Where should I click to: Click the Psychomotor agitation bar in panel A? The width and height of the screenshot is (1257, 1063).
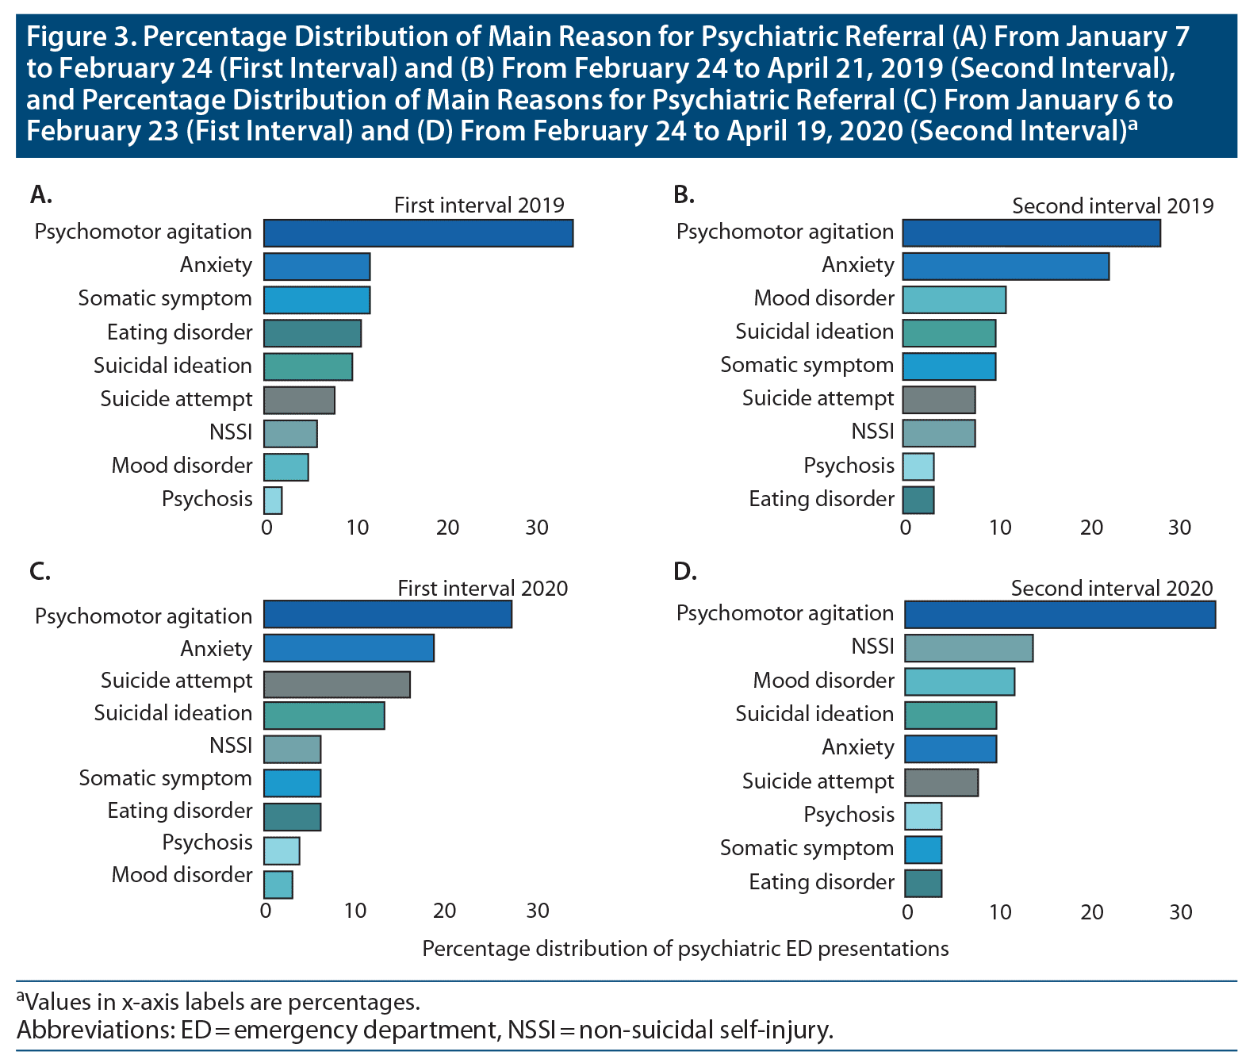(x=418, y=233)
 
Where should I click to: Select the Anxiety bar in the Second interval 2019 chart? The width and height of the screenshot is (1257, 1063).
(x=1006, y=267)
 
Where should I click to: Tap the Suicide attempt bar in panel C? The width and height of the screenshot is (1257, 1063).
(x=336, y=684)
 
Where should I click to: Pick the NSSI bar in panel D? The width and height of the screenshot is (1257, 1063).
(x=968, y=648)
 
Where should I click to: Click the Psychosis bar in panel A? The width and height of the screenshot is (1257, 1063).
(x=273, y=501)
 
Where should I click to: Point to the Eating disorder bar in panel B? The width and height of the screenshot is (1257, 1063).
(x=918, y=501)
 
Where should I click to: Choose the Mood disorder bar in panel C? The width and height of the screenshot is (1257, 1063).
(x=278, y=885)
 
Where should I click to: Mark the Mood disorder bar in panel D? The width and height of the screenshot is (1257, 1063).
(x=960, y=681)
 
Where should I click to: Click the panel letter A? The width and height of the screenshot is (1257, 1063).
(x=40, y=194)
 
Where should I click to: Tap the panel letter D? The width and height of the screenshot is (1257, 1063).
(x=684, y=571)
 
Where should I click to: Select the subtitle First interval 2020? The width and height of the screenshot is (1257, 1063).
(x=482, y=588)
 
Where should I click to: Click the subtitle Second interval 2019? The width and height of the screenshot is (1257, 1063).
(x=1113, y=206)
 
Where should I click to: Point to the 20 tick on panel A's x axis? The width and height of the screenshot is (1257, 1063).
(x=447, y=528)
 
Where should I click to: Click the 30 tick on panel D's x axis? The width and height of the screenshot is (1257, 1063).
(x=1180, y=912)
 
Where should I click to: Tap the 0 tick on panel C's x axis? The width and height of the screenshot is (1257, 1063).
(x=266, y=910)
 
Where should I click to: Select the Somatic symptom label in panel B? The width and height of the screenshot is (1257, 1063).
(x=807, y=365)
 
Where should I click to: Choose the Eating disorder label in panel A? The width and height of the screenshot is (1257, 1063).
(x=179, y=332)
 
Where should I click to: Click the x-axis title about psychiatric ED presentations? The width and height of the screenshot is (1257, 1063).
(x=685, y=949)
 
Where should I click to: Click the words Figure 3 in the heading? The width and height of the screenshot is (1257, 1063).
(x=77, y=37)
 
